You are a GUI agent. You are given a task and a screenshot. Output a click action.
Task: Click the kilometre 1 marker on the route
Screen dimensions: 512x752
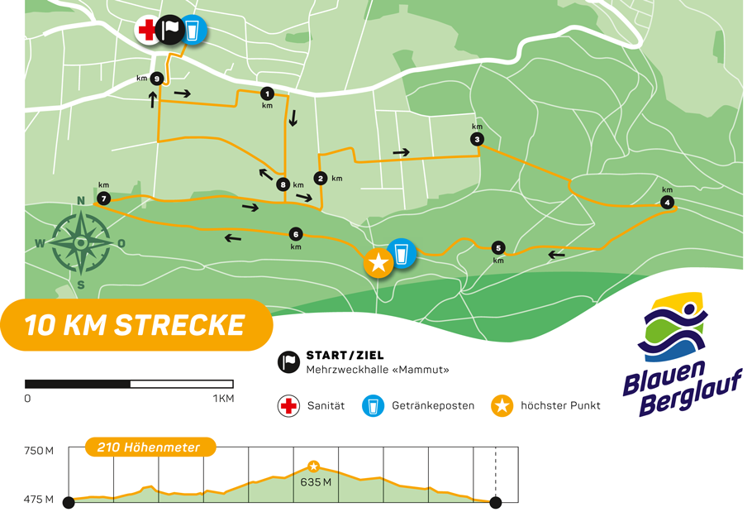click(x=266, y=93)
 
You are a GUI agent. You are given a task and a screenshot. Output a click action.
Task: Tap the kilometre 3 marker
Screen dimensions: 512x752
click(x=477, y=139)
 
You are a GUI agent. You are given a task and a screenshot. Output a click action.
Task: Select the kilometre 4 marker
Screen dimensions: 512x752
click(x=667, y=202)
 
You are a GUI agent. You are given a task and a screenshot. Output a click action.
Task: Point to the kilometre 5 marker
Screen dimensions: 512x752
click(x=497, y=247)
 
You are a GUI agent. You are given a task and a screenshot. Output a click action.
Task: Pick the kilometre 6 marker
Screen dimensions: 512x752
click(x=296, y=233)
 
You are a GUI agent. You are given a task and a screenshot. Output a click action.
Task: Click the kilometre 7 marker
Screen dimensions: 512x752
click(x=103, y=199)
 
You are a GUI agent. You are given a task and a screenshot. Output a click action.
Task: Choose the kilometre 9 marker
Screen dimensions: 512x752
click(x=156, y=79)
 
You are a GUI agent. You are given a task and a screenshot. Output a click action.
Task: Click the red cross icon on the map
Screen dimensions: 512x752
click(x=147, y=31)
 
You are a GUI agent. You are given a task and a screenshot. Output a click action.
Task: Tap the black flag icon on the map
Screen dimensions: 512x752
click(x=170, y=31)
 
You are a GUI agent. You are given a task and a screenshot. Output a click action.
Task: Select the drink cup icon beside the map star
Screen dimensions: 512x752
click(x=402, y=253)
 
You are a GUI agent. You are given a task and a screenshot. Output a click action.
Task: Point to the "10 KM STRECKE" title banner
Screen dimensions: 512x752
click(x=136, y=325)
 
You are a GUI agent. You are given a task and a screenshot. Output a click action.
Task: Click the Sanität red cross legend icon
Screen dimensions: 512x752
click(x=288, y=406)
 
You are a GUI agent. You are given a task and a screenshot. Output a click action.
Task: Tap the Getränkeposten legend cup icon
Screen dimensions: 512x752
click(x=374, y=406)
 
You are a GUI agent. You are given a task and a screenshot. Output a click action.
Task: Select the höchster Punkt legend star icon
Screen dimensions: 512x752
click(x=502, y=406)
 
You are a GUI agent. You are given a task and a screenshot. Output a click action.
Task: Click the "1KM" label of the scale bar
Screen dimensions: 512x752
click(x=223, y=399)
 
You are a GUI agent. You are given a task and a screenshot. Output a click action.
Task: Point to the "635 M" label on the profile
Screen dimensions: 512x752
click(x=316, y=482)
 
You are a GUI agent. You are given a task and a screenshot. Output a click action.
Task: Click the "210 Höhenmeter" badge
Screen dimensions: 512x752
click(x=150, y=447)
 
